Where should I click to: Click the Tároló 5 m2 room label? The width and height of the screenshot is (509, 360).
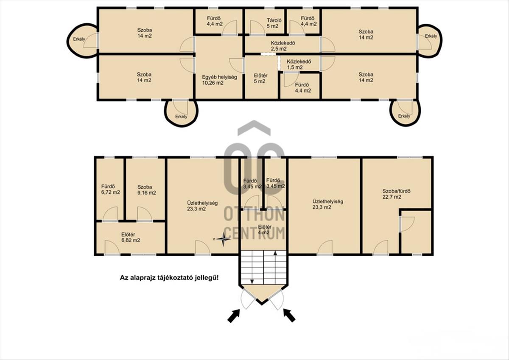tap(274, 23)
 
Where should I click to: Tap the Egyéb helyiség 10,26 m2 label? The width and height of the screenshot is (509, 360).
tap(219, 80)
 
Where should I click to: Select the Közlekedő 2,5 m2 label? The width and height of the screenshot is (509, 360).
tap(282, 46)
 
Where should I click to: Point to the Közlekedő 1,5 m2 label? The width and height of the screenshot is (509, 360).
tap(299, 64)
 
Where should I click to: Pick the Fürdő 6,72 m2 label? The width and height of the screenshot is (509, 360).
tap(110, 189)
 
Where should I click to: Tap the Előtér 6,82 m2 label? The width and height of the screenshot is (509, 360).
tap(131, 237)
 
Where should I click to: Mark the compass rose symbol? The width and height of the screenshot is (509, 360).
tap(223, 239)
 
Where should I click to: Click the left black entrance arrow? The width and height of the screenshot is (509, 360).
tap(234, 316)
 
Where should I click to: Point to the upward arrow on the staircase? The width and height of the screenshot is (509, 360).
tap(275, 267)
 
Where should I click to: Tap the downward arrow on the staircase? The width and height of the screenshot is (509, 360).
tap(252, 267)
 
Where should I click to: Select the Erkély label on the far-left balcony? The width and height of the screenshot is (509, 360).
tap(79, 39)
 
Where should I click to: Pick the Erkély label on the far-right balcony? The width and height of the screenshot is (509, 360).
tap(431, 36)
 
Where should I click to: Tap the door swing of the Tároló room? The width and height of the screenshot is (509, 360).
tap(257, 27)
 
